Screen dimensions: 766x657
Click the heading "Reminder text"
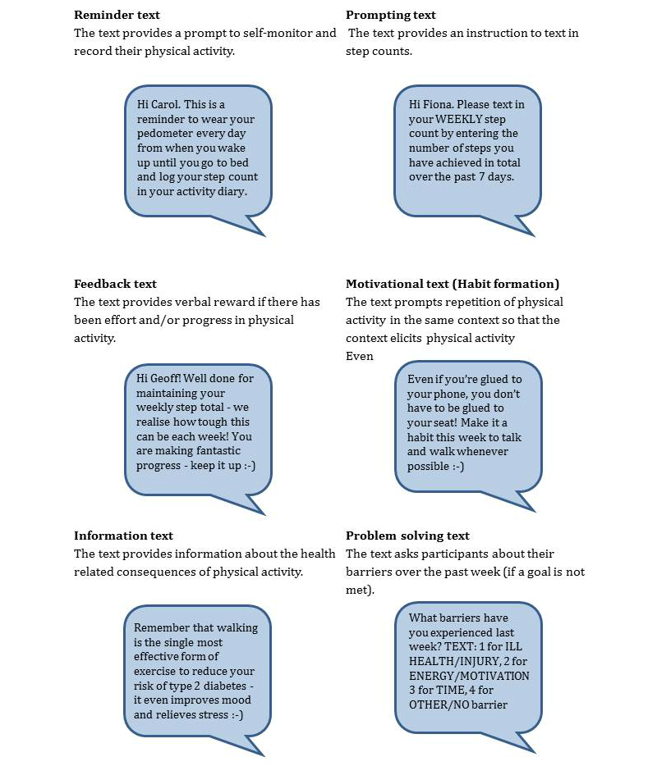117,15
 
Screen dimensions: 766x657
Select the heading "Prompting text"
391,15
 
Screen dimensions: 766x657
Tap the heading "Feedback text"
115,284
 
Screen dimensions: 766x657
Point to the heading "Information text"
123,536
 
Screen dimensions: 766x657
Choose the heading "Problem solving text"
407,536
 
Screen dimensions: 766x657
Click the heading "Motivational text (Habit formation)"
453,284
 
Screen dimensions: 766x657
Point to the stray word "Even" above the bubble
359,356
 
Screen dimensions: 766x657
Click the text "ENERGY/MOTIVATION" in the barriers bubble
469,676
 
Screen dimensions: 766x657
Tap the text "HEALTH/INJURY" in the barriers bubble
445,661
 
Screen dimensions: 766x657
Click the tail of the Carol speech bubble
250,224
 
